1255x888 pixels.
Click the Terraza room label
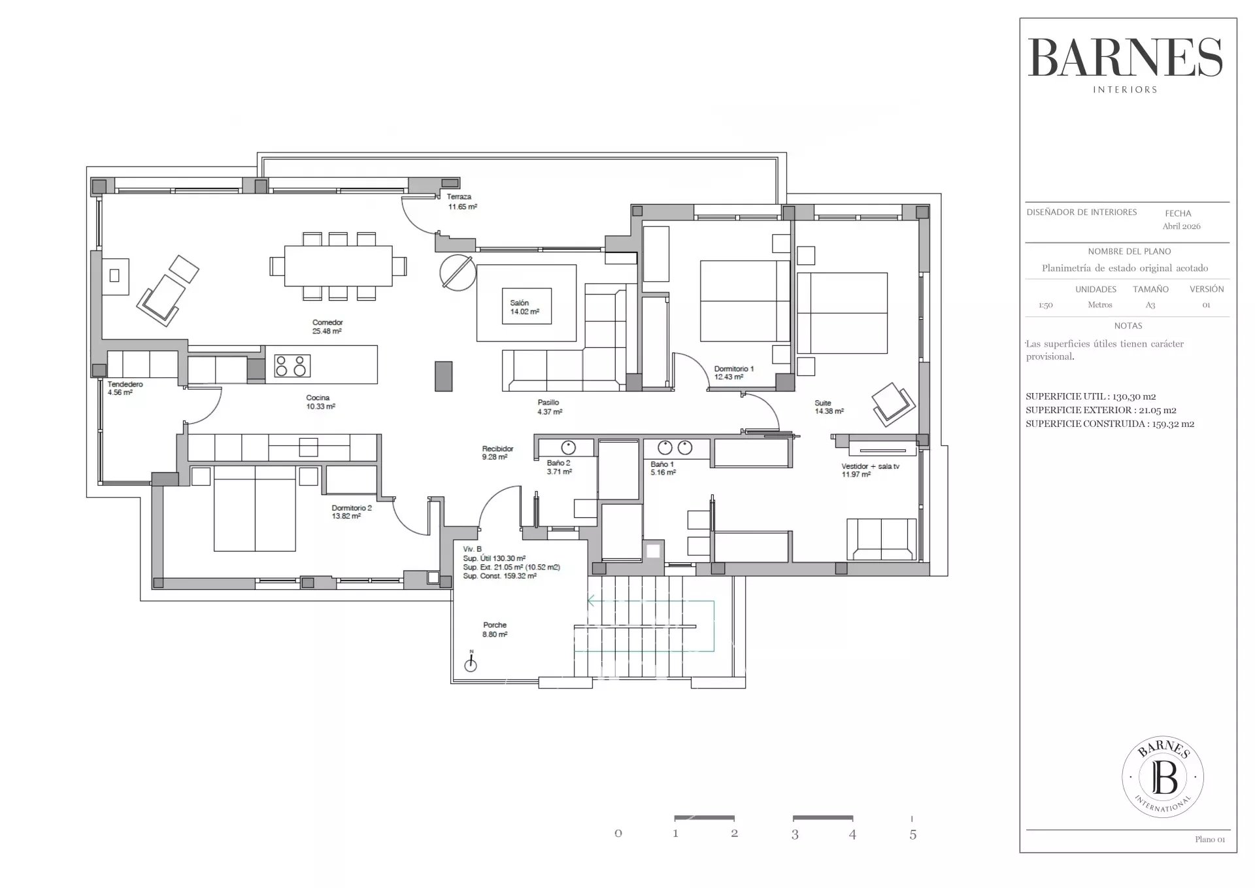point(461,201)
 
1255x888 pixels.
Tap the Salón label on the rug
point(524,307)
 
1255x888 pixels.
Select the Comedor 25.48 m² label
point(327,327)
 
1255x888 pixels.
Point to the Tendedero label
point(125,388)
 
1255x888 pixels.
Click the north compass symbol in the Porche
point(470,662)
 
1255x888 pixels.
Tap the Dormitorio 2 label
point(352,512)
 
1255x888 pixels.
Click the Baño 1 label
point(663,468)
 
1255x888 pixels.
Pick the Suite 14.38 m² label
point(829,407)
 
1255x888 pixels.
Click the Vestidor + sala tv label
point(870,470)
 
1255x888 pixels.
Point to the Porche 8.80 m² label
point(495,630)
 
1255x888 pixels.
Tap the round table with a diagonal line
point(456,273)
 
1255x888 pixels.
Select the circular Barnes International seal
point(1163,777)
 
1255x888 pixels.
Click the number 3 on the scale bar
point(795,834)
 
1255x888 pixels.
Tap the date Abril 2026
point(1181,226)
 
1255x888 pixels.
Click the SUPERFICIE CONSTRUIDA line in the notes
point(1110,424)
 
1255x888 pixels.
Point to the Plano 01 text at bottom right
point(1210,840)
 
